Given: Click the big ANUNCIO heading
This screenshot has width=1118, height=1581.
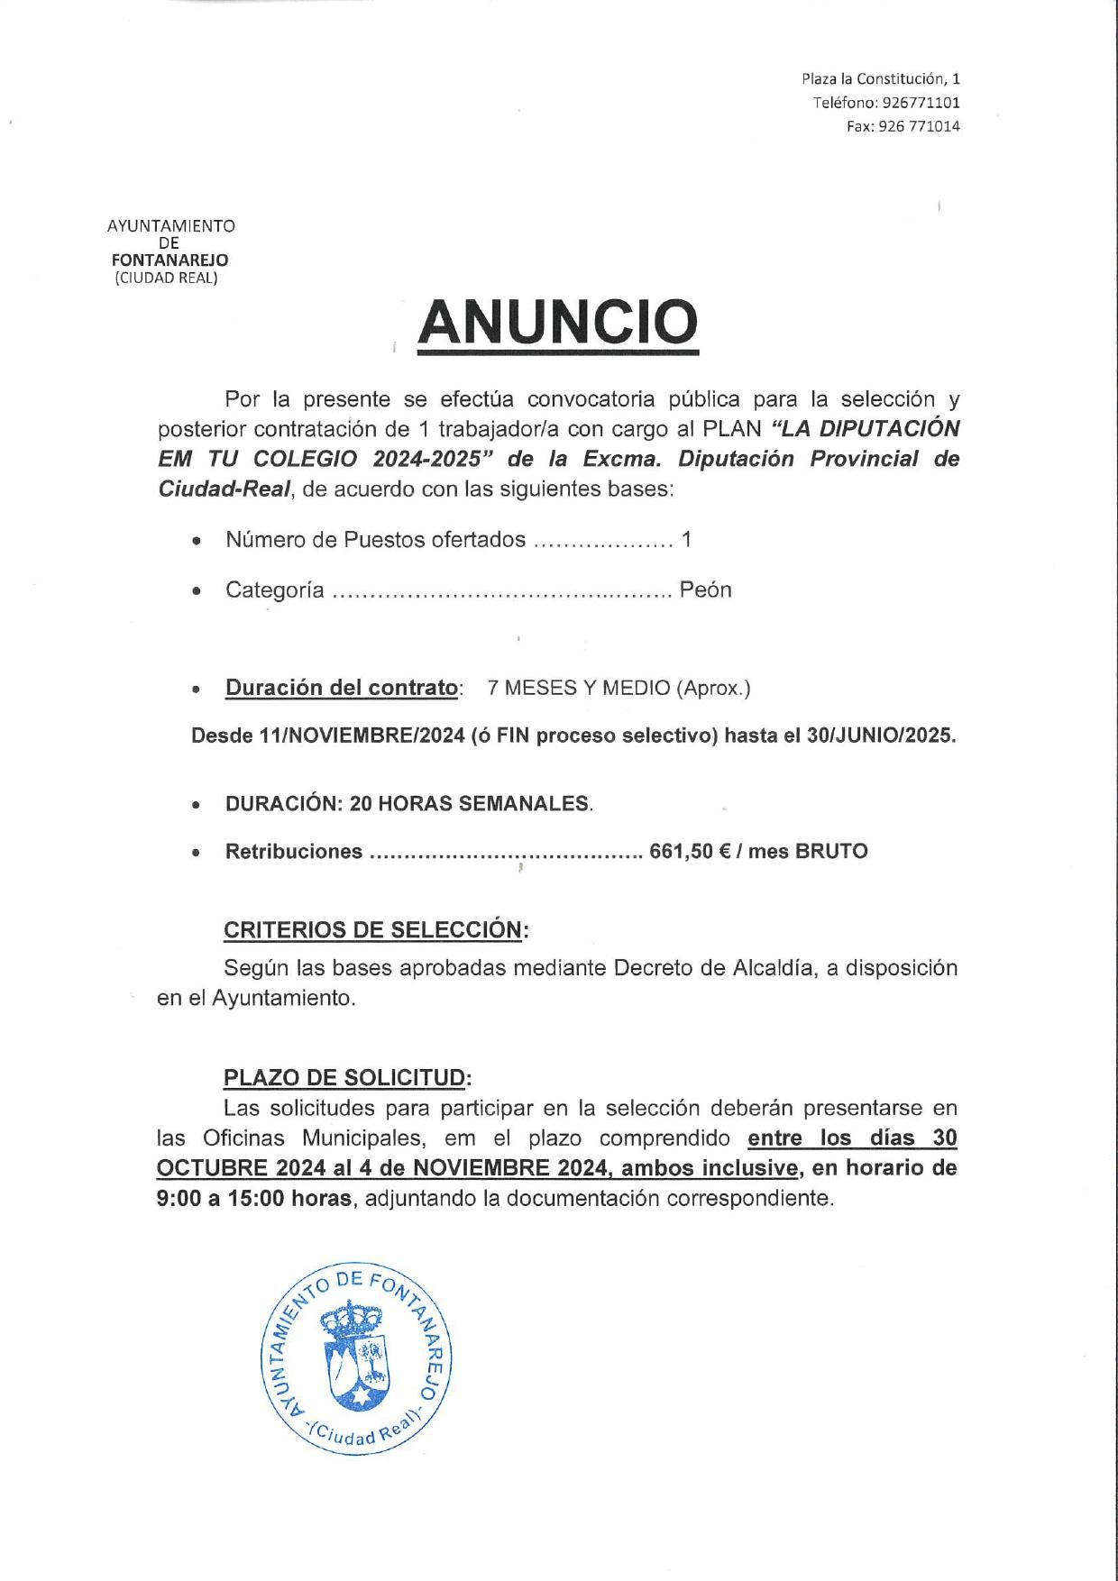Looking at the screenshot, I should [558, 323].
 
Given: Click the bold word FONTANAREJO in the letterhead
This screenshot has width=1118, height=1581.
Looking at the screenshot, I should [170, 260].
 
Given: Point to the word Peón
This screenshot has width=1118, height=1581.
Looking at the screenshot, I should [705, 590].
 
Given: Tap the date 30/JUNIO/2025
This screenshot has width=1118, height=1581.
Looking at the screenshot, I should [880, 736].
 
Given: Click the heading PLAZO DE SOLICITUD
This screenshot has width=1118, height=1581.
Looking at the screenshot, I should [346, 1078].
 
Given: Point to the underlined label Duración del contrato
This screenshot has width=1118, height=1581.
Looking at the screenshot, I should [342, 689].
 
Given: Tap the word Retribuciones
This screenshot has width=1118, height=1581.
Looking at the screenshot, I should [294, 852].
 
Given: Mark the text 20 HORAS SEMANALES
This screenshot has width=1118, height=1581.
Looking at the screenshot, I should [469, 804].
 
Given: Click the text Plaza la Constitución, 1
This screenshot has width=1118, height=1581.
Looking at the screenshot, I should [881, 79].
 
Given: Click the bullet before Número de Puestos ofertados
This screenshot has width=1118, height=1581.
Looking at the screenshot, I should [197, 542].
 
